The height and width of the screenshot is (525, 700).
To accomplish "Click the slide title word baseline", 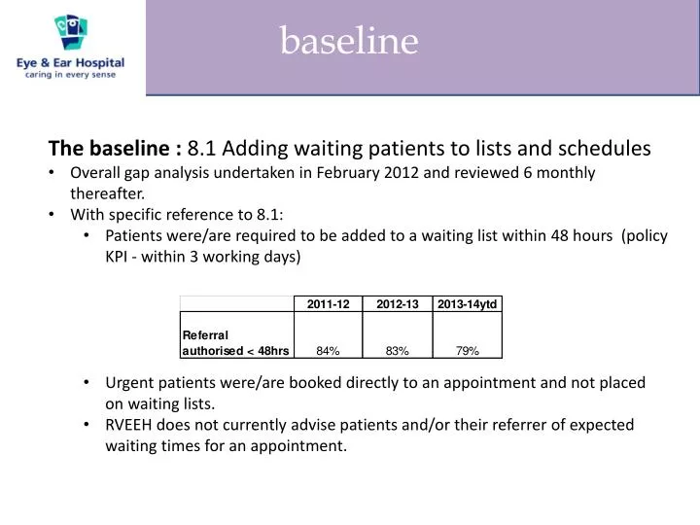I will click(349, 41).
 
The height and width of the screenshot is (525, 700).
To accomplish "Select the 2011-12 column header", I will click(328, 304).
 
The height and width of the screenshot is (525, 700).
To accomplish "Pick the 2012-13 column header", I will click(398, 304).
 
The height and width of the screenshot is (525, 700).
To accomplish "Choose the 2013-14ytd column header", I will click(467, 304).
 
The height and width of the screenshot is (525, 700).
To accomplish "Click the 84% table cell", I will click(328, 350).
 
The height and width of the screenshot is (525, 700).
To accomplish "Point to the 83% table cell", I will click(398, 350).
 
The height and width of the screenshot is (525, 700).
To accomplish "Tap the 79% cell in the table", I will click(467, 350).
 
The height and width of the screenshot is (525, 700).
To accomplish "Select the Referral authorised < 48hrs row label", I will click(235, 342).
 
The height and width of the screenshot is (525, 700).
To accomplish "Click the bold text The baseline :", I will click(115, 149).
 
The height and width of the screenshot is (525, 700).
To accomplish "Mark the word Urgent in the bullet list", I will click(130, 383).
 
